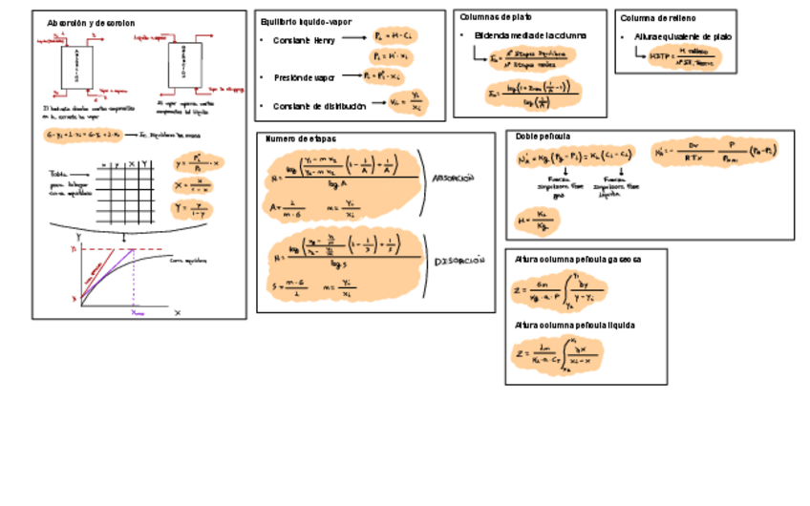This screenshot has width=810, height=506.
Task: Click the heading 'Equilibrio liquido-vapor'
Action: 305,21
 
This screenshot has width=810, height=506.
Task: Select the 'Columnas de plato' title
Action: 496,17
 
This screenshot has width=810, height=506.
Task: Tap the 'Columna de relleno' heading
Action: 657,18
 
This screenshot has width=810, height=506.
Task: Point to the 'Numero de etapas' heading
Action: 301,139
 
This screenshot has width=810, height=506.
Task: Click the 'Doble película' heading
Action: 543,137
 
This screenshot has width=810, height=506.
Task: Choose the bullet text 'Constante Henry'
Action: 304,40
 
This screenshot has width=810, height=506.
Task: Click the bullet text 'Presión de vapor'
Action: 305,76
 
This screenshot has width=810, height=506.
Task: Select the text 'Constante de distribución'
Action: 319,106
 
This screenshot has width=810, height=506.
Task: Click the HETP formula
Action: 682,57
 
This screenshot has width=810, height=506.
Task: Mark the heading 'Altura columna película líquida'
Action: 574,326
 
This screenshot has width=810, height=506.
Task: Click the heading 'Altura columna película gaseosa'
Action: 577,259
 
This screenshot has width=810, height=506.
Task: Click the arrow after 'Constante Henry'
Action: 354,39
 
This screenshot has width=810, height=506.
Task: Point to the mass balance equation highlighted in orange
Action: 83,135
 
